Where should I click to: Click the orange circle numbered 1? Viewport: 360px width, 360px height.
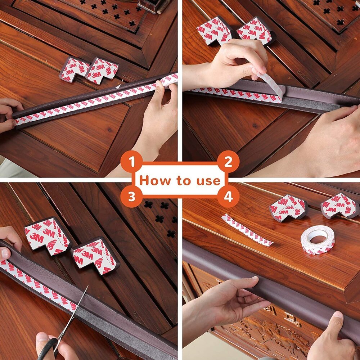[x=132, y=162]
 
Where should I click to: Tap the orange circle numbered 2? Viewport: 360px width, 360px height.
[x=228, y=162]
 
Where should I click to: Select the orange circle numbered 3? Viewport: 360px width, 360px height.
[x=132, y=197]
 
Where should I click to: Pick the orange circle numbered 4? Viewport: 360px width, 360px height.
[x=228, y=197]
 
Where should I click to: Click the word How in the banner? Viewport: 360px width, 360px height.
[x=152, y=180]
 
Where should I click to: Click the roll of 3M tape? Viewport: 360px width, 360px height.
[x=318, y=239]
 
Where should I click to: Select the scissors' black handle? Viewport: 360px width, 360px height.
[x=49, y=347]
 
